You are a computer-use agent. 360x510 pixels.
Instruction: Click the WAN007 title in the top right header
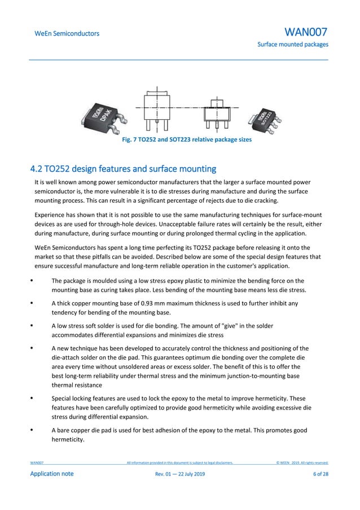(x=306, y=32)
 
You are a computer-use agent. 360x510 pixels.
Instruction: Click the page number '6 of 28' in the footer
(x=321, y=473)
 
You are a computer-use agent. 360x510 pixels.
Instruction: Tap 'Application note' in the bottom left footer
(x=51, y=473)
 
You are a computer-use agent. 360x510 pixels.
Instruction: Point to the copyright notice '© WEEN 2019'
(x=302, y=463)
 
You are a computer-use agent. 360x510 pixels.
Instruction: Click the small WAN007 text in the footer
(x=37, y=463)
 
